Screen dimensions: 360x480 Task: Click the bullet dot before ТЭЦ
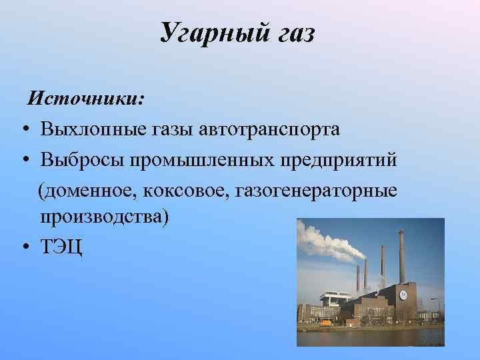pos(23,248)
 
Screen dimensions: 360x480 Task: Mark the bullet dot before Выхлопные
pos(23,129)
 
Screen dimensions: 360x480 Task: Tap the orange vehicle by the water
pos(325,323)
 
